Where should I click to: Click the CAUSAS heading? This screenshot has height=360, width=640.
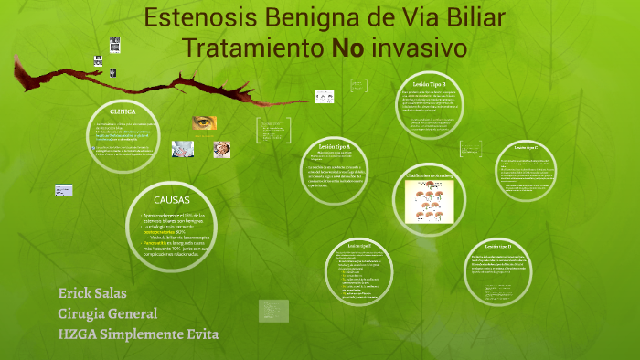171,200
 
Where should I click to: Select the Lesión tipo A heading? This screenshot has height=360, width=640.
335,146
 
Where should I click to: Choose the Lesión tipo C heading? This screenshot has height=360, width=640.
526,146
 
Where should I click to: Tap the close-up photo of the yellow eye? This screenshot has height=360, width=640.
204,122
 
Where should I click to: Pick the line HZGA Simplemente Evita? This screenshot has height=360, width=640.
138,334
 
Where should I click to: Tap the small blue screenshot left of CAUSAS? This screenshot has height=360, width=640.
63,190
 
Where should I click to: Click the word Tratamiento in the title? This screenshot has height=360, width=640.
252,48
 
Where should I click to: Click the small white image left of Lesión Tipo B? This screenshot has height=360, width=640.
324,96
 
